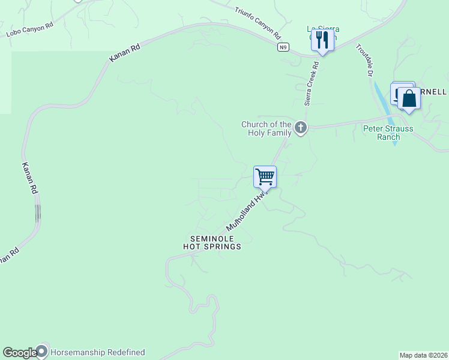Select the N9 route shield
tap(283, 47)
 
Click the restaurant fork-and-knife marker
tap(322, 40)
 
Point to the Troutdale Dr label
tap(364, 60)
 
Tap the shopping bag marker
tap(409, 98)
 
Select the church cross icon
tap(301, 127)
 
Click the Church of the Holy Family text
tap(266, 128)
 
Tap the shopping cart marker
tap(265, 176)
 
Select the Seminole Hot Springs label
tap(212, 242)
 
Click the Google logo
tap(19, 353)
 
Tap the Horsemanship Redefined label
tap(98, 353)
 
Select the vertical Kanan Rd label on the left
tap(30, 178)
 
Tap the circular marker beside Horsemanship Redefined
tap(42, 352)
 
